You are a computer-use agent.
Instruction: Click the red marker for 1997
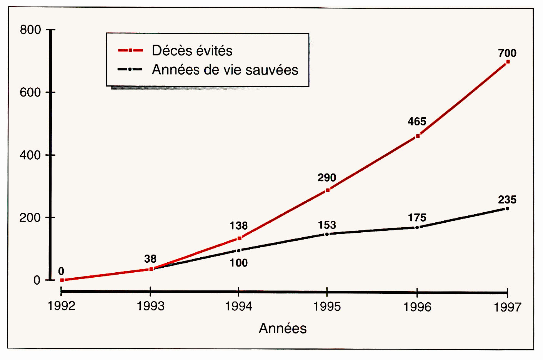[x=508, y=62]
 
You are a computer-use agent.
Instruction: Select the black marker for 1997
[x=507, y=208]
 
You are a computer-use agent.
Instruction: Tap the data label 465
[x=417, y=122]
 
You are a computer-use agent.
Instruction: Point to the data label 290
[x=327, y=178]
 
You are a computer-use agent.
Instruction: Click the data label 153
[x=327, y=225]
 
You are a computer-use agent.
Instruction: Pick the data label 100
[x=238, y=263]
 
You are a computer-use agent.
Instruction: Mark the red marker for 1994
[x=239, y=238]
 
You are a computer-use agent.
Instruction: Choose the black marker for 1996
[x=417, y=228]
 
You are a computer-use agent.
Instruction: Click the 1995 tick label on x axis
[x=327, y=307]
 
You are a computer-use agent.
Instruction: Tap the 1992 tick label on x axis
[x=62, y=306]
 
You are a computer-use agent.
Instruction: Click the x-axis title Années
[x=283, y=328]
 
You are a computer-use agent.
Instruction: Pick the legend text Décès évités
[x=192, y=51]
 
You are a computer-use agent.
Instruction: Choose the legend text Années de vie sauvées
[x=225, y=70]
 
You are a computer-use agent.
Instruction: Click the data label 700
[x=507, y=53]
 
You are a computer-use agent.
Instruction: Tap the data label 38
[x=150, y=259]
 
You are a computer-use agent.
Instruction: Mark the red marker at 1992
[x=62, y=280]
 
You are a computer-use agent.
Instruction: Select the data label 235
[x=507, y=200]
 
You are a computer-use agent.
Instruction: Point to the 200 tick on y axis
[x=30, y=218]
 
